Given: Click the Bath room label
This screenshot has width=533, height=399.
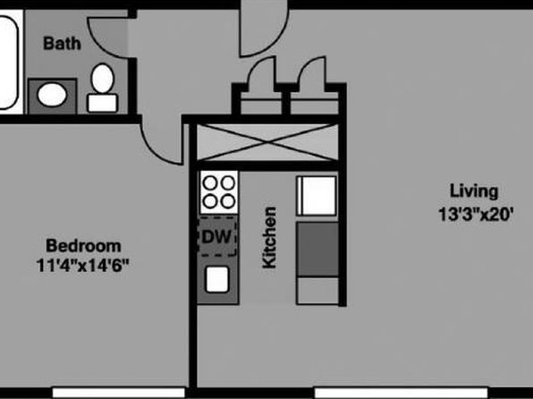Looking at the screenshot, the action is pos(63,44).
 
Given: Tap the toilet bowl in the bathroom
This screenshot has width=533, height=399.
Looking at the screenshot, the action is pos(103,78).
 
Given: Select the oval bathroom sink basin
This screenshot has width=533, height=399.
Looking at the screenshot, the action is pos(52,95).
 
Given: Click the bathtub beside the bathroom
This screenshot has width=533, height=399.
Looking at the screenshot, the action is pos(8,63).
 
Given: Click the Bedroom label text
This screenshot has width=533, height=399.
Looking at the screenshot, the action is pos(83,246).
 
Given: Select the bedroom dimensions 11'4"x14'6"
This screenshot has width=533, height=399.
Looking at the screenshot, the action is pos(83,266).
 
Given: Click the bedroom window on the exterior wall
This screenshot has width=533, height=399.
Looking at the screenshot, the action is pos(119,392).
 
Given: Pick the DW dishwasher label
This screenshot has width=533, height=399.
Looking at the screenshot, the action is pos(216,237).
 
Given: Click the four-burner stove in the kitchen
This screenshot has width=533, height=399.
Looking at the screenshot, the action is pos(219,192).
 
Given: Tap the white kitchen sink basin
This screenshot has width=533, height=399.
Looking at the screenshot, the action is pos(217,279).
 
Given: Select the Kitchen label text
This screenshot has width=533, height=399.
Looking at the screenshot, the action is pos(269,237).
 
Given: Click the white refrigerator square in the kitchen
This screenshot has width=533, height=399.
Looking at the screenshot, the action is pos(317,196).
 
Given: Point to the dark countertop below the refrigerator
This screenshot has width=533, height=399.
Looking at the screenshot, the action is pos(317,249).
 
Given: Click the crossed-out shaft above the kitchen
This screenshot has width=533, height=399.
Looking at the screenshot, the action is pos(268,142).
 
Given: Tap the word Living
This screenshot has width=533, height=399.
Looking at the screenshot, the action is pos(474,191).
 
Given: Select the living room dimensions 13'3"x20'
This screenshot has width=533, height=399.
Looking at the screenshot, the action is pos(476,215).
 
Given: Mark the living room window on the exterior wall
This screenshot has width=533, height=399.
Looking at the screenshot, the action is pos(402,392).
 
